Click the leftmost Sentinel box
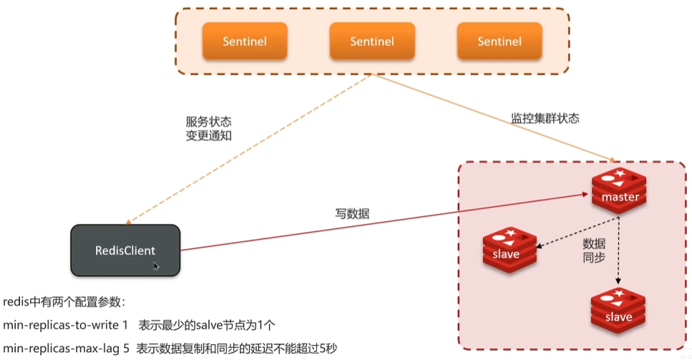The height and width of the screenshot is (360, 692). click(245, 41)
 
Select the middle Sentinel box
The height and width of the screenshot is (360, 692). click(372, 41)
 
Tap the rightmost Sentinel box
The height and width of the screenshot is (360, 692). click(499, 41)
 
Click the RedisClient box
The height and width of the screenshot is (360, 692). click(125, 250)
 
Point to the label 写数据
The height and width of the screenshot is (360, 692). click(353, 213)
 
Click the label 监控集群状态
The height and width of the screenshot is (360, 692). click(545, 118)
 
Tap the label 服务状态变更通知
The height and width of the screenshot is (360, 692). click(208, 129)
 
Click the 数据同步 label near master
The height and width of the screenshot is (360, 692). click(595, 249)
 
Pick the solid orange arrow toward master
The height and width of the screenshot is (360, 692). click(494, 117)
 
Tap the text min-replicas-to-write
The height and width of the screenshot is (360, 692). click(65, 325)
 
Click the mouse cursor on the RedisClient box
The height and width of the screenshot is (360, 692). click(156, 266)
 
